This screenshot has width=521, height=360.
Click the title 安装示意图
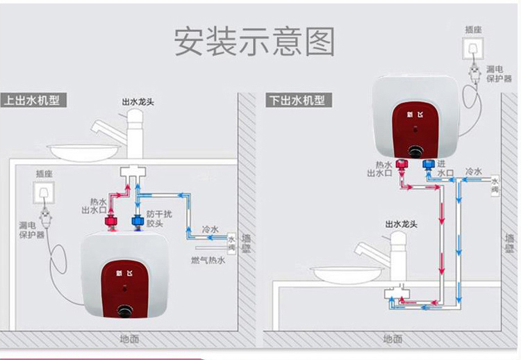(x=254, y=42)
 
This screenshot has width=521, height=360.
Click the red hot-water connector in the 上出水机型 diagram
(x=110, y=222)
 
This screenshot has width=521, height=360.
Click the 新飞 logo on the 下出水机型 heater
(x=415, y=115)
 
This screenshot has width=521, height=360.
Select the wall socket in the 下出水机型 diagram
(x=474, y=51)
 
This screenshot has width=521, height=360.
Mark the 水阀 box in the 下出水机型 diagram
(x=495, y=183)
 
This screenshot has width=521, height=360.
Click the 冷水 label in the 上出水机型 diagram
(x=210, y=229)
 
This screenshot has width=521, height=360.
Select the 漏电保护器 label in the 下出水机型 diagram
(x=499, y=74)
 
